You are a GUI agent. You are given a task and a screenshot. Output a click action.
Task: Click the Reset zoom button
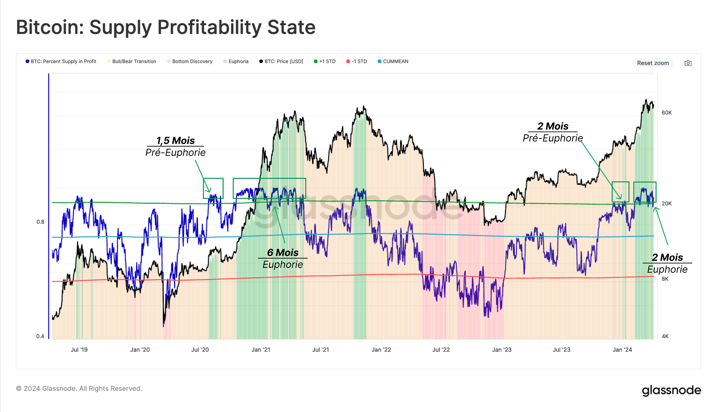coord(653,63)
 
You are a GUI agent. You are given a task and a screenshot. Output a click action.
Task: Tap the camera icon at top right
coord(688,63)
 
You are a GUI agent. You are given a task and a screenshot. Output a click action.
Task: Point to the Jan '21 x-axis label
coord(261,349)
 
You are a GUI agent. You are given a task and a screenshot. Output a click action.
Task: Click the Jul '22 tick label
coord(441,349)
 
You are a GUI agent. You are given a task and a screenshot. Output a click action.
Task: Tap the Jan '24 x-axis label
coord(622,349)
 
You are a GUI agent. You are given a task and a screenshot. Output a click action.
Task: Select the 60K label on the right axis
coord(667,113)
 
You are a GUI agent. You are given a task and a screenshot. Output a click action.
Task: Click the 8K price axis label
coord(665,279)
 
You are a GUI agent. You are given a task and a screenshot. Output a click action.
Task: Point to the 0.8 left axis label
coord(40,222)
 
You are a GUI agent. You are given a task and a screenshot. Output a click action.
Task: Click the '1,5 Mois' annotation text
coord(175,141)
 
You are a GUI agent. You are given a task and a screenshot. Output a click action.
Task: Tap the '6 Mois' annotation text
coord(283,252)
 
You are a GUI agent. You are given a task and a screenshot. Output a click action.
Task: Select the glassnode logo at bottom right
coord(671,390)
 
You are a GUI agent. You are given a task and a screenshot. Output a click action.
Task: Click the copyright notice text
coord(79,388)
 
